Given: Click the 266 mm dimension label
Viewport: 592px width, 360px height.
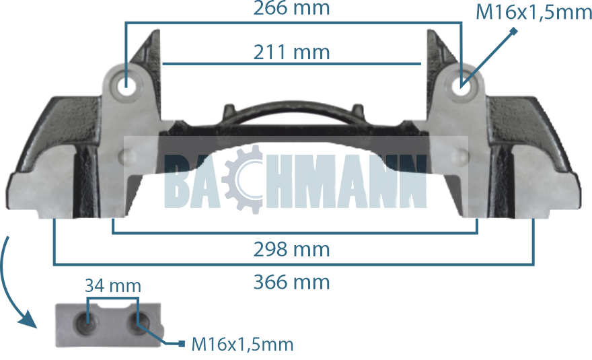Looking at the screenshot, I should [x=291, y=9].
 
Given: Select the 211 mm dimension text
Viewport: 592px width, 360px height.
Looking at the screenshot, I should [x=291, y=52].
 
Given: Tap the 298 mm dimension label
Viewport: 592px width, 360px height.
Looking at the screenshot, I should [x=291, y=250].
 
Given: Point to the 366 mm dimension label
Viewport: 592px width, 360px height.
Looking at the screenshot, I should [x=291, y=281].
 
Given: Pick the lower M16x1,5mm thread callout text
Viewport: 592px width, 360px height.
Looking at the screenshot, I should [x=243, y=345].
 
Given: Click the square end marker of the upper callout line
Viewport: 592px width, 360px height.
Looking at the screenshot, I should [x=513, y=31].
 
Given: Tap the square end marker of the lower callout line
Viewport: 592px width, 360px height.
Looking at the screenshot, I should [x=182, y=344].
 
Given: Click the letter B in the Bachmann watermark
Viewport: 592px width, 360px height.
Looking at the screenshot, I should [x=179, y=180].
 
